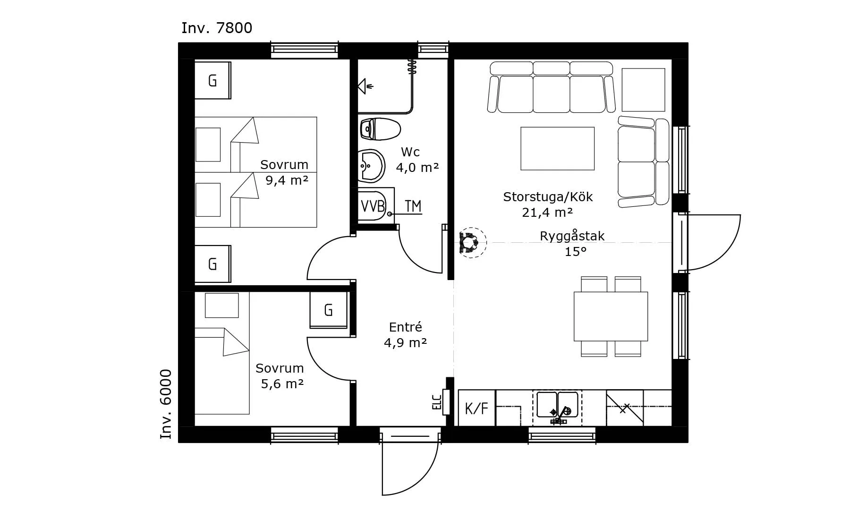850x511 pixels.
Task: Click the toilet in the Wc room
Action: tap(380, 129)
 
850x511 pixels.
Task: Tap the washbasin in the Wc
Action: tap(372, 166)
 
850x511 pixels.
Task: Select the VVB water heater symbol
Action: tap(373, 206)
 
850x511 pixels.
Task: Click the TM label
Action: tap(413, 206)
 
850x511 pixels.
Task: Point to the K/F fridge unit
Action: tap(476, 408)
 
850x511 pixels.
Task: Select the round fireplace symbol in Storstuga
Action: tap(473, 243)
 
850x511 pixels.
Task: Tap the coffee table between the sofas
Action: tap(557, 148)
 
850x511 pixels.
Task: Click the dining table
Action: tap(611, 316)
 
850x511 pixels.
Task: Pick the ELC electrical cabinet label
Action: tap(437, 402)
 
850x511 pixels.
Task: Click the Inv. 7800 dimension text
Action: tap(217, 28)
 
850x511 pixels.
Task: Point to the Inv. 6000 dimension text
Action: tap(166, 404)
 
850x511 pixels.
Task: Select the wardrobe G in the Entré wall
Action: tap(329, 310)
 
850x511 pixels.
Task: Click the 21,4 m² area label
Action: tap(547, 213)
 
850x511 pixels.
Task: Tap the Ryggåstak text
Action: tap(572, 236)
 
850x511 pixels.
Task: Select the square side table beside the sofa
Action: tap(643, 90)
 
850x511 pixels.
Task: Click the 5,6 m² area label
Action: tap(282, 383)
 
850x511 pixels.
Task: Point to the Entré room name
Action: tap(405, 327)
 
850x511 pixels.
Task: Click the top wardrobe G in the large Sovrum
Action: tap(212, 80)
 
